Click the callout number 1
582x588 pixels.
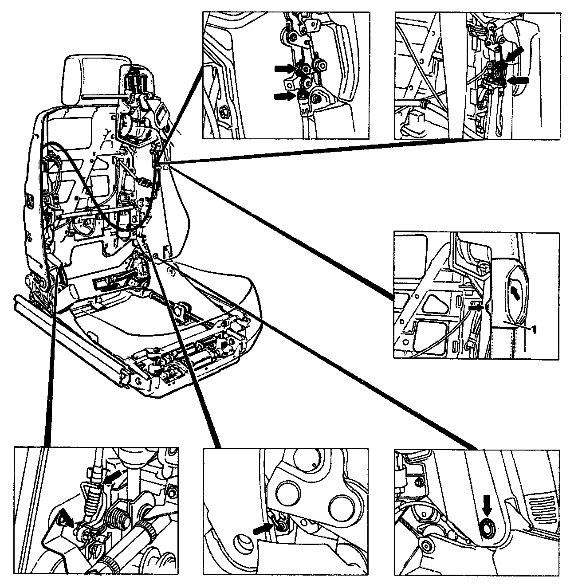(535, 329)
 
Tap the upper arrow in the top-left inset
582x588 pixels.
(284, 68)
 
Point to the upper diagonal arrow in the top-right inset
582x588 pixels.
(514, 55)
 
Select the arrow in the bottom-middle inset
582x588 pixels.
(263, 528)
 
